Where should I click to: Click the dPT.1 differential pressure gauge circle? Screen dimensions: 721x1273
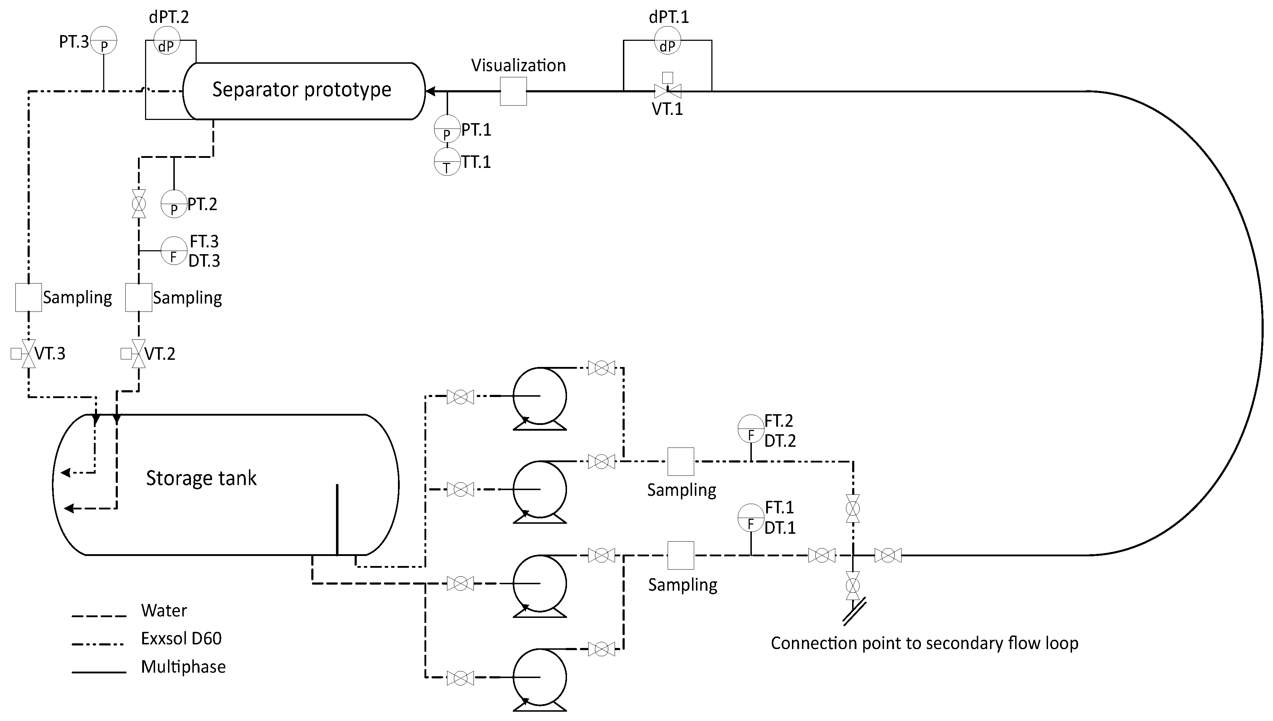[x=667, y=40]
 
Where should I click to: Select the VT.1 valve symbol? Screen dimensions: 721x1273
[x=667, y=91]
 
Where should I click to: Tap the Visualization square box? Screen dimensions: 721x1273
[x=513, y=91]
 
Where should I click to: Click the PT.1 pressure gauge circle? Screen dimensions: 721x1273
[x=447, y=129]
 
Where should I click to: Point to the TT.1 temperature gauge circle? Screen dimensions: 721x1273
[x=447, y=162]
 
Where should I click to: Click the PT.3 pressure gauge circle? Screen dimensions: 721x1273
[x=104, y=40]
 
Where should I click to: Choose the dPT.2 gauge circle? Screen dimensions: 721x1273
[x=167, y=40]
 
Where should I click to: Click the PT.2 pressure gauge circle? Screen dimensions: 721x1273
[x=174, y=204]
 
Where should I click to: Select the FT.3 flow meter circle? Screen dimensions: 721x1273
[x=174, y=251]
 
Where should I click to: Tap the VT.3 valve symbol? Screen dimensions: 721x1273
[x=29, y=354]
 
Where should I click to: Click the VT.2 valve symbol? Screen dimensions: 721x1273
[x=139, y=354]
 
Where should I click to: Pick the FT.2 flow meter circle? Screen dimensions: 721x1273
[x=751, y=429]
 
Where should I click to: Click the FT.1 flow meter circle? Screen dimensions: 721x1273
[x=751, y=517]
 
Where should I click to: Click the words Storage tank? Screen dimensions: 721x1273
[x=201, y=478]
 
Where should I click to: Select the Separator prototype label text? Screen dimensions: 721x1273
[x=302, y=89]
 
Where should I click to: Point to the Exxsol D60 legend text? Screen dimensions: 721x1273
[x=181, y=638]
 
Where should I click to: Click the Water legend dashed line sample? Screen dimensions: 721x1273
[x=99, y=616]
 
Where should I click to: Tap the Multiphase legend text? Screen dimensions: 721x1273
[x=183, y=667]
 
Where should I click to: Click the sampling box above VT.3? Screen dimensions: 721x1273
[x=29, y=297]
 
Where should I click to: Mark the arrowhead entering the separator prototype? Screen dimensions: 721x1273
[x=431, y=91]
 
